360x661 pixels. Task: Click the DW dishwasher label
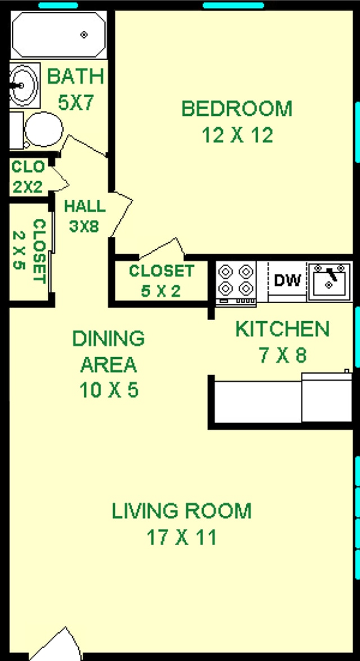tap(287, 280)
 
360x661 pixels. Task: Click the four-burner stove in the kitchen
tap(236, 280)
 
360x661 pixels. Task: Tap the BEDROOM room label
tap(237, 108)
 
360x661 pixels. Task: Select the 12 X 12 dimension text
tap(237, 135)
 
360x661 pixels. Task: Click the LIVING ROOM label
tap(181, 511)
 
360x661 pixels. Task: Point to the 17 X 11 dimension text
tap(181, 538)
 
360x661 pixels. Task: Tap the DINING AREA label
tap(108, 352)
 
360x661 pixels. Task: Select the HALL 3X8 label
tap(84, 215)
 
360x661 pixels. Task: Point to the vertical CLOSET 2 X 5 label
tap(28, 251)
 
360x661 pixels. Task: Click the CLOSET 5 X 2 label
tap(161, 280)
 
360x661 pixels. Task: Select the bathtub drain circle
tap(84, 35)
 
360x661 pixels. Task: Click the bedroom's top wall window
tap(232, 6)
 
